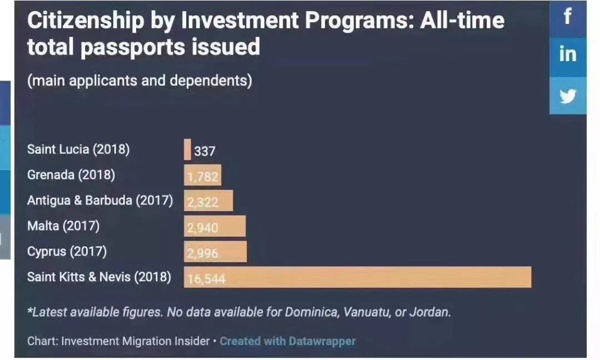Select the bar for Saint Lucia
(x=187, y=149)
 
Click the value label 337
(x=204, y=151)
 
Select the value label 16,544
(x=207, y=278)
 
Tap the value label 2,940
(x=203, y=227)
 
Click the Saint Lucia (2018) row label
(x=78, y=149)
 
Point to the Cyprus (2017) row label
(x=67, y=252)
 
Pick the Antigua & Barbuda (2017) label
(x=100, y=201)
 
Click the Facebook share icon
(x=567, y=17)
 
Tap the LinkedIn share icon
(x=567, y=54)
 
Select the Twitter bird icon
(x=567, y=96)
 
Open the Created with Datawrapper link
(x=288, y=341)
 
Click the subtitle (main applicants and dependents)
(x=139, y=81)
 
